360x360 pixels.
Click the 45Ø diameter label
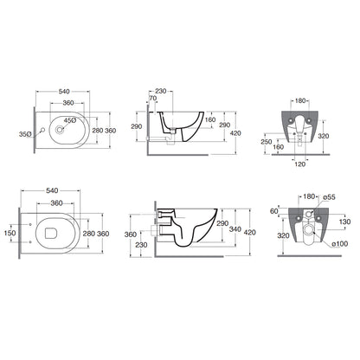coord(70,120)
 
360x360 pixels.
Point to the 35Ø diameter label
coord(25,134)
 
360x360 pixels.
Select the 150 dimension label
coord(10,233)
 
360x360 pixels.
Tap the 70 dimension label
coord(153,99)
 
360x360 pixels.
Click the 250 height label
coord(267,142)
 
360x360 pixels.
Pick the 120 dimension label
coord(300,164)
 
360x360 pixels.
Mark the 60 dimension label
coord(274,211)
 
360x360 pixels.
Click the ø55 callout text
coord(329,197)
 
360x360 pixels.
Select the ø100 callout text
coord(340,244)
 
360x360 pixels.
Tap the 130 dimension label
coord(345,222)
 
